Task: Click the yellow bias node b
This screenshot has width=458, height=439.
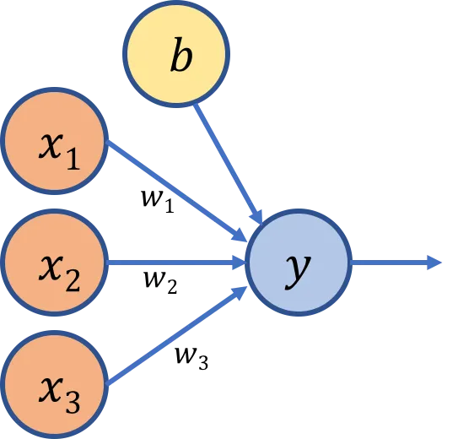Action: coord(176,54)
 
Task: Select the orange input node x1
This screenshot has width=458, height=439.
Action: coord(54,141)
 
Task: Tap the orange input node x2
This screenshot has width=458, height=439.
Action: coord(54,263)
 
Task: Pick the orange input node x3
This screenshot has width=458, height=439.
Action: coord(54,385)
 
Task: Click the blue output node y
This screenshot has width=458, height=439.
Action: coord(299,263)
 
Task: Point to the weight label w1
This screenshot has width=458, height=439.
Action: coord(158,201)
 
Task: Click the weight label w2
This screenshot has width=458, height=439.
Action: coord(160,281)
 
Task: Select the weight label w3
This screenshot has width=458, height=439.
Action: coord(191,358)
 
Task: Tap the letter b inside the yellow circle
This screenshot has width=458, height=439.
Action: coord(181,54)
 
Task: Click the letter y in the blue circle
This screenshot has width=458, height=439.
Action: coord(299,271)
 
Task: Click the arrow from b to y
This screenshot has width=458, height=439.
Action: coord(228,163)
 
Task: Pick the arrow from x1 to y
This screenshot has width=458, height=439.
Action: coord(177,191)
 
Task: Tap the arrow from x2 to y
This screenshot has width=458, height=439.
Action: coord(176,263)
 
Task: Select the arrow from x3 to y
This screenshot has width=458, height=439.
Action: coord(177,336)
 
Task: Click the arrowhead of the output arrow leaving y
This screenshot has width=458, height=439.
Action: coord(434,263)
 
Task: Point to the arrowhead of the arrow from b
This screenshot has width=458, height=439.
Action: coord(256,217)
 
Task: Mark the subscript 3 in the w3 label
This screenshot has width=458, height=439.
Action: coord(203,362)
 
